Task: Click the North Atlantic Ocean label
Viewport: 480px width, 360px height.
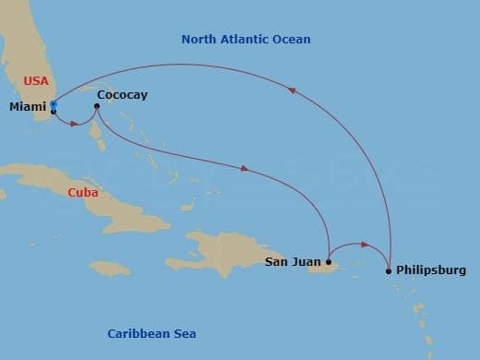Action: (246, 40)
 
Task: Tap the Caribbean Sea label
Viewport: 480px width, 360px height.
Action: (151, 333)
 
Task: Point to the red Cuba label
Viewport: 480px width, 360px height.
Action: (83, 193)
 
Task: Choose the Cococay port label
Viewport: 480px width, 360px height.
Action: (121, 95)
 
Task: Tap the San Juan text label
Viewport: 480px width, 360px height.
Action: (294, 262)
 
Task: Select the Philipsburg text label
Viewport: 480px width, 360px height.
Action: (431, 270)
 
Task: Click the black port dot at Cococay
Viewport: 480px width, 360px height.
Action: (97, 106)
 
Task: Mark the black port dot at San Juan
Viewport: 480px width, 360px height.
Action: (329, 262)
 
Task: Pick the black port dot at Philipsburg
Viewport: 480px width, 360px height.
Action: (389, 270)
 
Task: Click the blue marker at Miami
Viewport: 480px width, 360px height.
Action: (54, 104)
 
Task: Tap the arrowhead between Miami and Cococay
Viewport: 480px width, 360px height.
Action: (76, 123)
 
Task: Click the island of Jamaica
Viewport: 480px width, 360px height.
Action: (110, 268)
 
